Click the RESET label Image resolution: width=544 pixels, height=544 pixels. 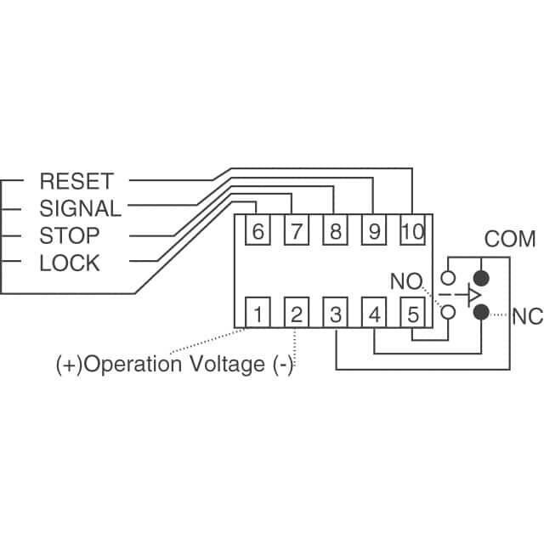pos(76,181)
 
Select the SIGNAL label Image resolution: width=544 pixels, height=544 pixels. pos(80,208)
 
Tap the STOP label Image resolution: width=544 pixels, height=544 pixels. pos(70,235)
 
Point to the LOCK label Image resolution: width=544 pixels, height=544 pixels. pos(70,263)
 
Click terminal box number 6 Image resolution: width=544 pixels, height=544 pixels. pos(258,230)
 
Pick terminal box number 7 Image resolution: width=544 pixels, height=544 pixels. pos(296,230)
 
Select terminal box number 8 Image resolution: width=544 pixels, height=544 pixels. pos(334,230)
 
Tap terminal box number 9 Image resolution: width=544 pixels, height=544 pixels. pos(372,230)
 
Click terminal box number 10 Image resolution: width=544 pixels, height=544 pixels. pos(411,230)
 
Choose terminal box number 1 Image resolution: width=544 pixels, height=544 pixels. pos(258,314)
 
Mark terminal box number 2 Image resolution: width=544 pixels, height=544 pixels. pos(296,314)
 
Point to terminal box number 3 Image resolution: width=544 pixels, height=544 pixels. pos(336,314)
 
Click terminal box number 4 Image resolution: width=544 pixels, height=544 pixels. pos(374,314)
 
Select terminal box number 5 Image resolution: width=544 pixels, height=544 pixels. pos(412,314)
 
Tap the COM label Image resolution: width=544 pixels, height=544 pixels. pos(510,239)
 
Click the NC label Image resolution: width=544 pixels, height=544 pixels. pos(528,319)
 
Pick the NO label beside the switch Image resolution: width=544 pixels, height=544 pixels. pos(405,280)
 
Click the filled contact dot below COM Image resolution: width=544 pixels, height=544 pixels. pos(481,278)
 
